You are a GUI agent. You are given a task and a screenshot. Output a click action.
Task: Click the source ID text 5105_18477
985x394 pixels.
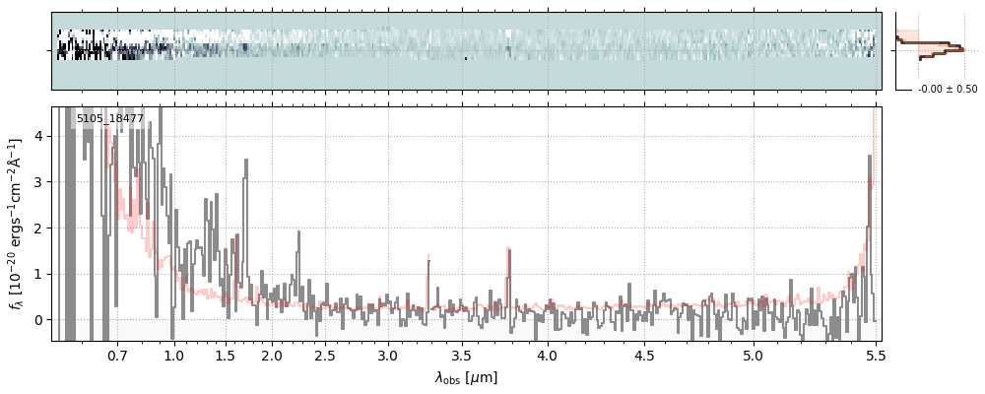110,119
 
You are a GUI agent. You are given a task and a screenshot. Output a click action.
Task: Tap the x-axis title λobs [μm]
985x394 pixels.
466,377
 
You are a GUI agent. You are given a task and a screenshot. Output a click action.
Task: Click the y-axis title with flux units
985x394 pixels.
17,224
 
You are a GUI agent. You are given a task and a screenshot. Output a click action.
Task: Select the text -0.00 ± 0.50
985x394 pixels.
948,90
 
